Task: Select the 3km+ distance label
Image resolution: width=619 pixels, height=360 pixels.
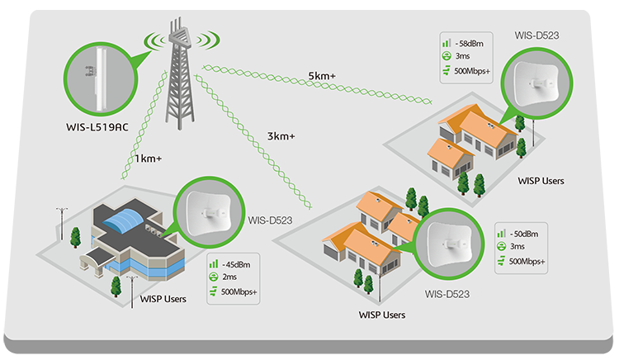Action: click(x=281, y=135)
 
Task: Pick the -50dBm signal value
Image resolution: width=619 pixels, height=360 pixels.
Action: click(x=523, y=233)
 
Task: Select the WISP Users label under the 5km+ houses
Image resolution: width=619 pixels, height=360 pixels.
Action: click(x=541, y=180)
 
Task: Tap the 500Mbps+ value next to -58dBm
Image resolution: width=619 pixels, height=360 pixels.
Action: click(x=472, y=71)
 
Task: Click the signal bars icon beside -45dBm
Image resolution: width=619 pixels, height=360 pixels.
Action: click(x=215, y=264)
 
